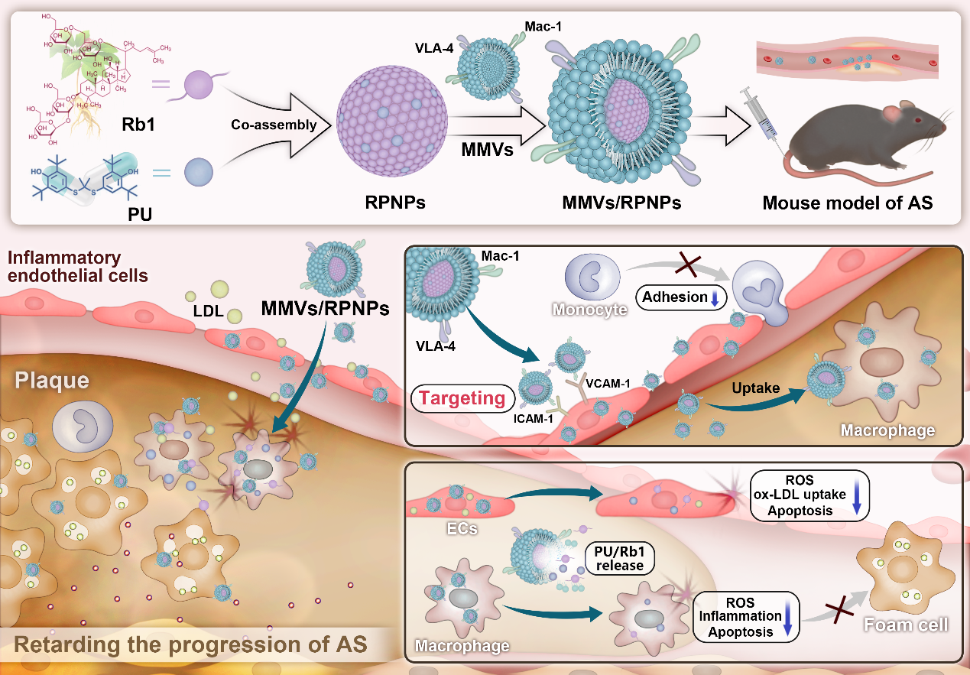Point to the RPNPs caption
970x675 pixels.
click(x=395, y=205)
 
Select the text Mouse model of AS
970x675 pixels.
click(x=847, y=204)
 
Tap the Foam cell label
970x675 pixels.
click(x=906, y=625)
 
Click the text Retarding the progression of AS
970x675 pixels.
click(x=192, y=644)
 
